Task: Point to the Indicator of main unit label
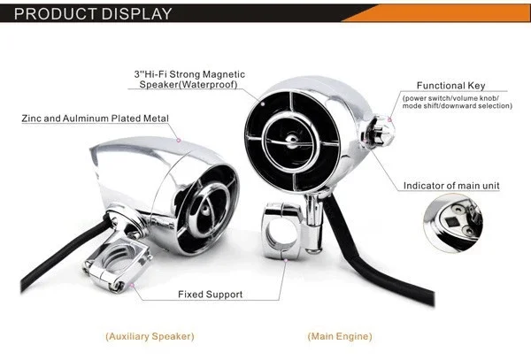(450, 186)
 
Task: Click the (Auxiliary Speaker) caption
(150, 336)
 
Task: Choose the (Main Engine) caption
(340, 336)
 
